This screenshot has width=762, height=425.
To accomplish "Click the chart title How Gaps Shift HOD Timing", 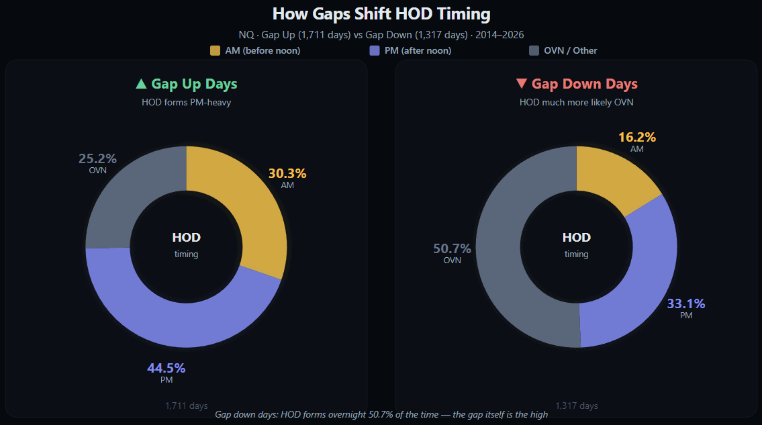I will click(381, 14).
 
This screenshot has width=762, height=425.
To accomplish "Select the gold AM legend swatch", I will click(215, 50).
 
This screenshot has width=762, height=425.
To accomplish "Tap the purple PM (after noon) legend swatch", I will click(375, 50).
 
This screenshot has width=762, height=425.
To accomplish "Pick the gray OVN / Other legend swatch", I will click(534, 50).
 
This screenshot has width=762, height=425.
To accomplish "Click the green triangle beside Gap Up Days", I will click(141, 84).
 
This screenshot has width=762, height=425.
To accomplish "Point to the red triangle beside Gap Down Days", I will click(521, 84).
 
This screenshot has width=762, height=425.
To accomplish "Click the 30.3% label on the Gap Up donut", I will click(287, 173).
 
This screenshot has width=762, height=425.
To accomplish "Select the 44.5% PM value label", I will click(166, 368).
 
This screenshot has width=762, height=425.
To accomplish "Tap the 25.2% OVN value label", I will click(97, 159).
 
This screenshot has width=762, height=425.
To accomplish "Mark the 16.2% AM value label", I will click(637, 137).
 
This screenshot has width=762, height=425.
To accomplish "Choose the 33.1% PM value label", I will click(685, 303).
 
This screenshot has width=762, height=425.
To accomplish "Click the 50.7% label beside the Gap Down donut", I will click(452, 248).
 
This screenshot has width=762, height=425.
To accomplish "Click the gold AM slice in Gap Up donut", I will click(248, 201).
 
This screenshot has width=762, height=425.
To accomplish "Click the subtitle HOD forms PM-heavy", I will click(186, 103).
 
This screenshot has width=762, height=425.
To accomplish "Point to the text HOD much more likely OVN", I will click(576, 103).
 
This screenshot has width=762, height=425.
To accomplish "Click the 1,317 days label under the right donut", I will click(576, 406).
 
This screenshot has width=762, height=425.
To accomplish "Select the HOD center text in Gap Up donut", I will click(186, 238).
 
